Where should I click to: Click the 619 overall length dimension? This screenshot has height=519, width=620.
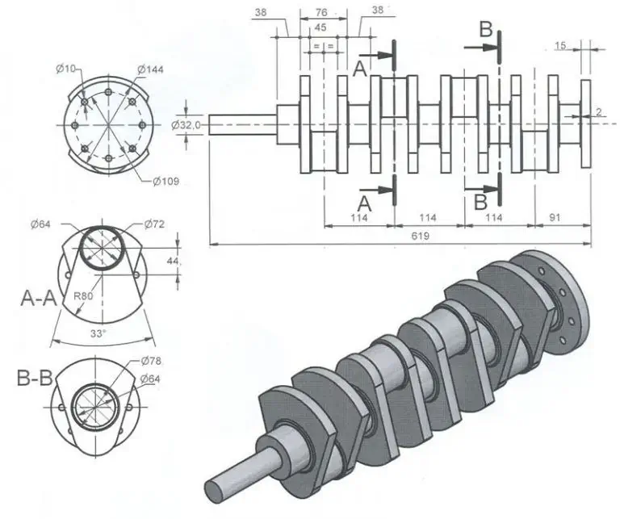point(420,236)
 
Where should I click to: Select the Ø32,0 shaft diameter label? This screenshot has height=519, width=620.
point(186,125)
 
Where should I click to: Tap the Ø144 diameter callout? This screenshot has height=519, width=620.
point(150,70)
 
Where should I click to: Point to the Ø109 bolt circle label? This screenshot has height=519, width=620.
point(165,182)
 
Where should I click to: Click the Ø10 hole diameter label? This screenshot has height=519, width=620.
point(65,69)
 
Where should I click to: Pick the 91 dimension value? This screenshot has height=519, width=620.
point(555,217)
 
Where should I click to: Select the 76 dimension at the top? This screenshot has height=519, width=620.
point(321,13)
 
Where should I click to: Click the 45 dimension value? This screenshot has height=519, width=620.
point(320,28)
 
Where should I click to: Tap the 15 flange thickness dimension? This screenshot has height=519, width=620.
point(560,46)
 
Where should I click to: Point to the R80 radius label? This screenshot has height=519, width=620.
point(83,296)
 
